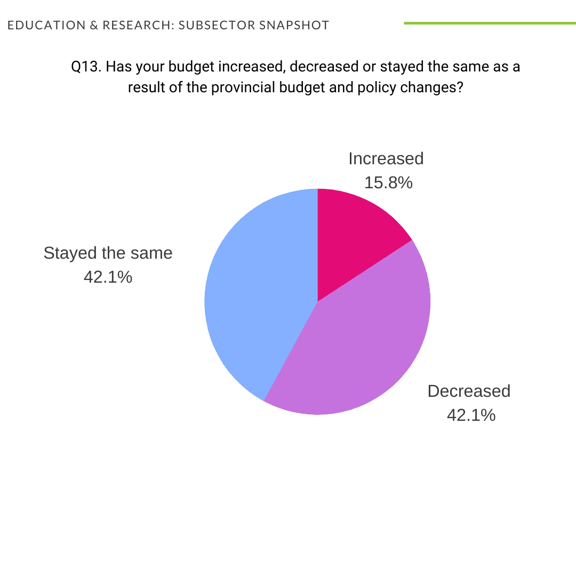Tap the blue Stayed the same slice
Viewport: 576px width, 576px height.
(256, 299)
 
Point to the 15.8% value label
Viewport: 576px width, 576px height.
(388, 183)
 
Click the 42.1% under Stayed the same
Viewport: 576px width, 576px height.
(108, 277)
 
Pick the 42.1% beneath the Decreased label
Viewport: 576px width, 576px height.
(471, 415)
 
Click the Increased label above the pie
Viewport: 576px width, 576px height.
(386, 158)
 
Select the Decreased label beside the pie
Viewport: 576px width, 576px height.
(469, 391)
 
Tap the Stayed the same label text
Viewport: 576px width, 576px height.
(108, 253)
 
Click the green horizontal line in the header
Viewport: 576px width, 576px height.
(490, 23)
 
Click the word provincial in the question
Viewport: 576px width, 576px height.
(243, 87)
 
